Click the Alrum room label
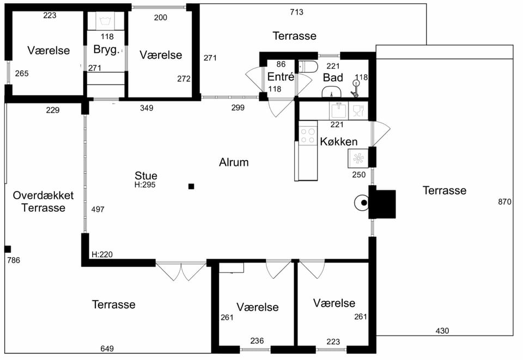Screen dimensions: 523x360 234,162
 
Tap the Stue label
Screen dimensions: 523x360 146,176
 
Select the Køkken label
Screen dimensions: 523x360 338,142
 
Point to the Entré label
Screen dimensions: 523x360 281,77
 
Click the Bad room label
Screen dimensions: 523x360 333,78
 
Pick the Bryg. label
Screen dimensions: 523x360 106,50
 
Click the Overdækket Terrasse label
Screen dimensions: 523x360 43,202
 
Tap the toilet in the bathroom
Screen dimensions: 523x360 308,66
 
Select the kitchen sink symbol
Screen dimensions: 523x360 338,111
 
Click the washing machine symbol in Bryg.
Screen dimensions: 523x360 105,21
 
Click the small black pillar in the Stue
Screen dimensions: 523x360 191,186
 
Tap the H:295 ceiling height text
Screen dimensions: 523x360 145,185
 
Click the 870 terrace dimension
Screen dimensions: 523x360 504,202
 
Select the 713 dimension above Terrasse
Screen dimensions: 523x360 296,12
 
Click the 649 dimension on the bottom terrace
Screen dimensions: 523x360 107,349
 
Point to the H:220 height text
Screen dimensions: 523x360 102,255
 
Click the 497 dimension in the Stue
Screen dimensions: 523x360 98,209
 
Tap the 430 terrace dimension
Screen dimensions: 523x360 442,331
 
